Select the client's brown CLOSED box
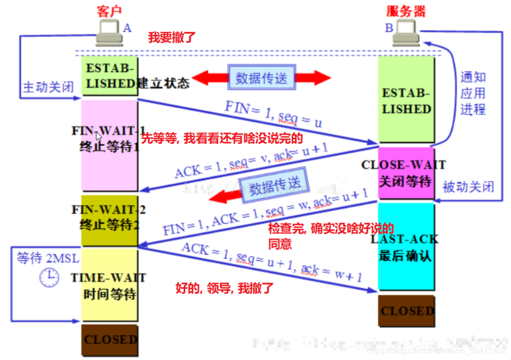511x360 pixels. point(110,339)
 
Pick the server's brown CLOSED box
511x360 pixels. point(407,311)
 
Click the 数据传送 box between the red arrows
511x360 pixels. point(262,78)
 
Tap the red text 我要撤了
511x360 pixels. point(171,37)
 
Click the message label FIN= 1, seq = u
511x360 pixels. point(273,114)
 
